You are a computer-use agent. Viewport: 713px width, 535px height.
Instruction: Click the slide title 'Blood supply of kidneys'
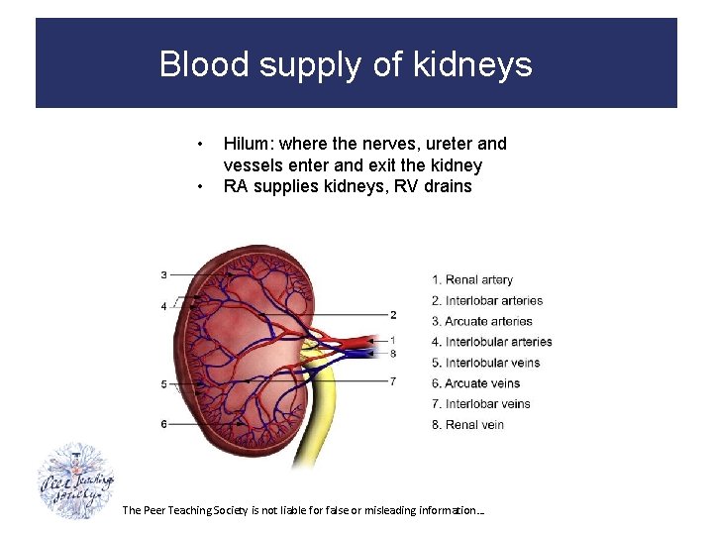tap(346, 64)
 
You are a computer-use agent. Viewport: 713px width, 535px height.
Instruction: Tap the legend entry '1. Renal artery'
tap(472, 280)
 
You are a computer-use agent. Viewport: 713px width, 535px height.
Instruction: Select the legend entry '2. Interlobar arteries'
tap(487, 301)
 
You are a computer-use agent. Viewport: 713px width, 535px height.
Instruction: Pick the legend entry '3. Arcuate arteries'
tap(482, 321)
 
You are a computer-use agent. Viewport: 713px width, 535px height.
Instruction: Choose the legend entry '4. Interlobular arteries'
tap(492, 342)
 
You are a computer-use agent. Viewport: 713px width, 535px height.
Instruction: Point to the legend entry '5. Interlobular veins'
tap(485, 363)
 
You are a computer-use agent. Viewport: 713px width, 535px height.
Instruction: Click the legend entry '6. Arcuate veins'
tap(475, 383)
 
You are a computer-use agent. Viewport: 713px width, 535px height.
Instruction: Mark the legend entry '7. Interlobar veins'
tap(481, 404)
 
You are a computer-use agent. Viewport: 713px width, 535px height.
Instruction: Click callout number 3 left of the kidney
tap(163, 274)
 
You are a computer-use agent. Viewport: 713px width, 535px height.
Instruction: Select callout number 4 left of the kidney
tap(163, 307)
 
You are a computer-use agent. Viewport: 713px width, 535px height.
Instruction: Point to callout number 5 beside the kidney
tap(163, 383)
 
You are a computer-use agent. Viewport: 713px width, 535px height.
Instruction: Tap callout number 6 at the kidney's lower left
tap(163, 424)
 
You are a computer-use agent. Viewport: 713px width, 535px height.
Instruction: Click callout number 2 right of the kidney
tap(393, 315)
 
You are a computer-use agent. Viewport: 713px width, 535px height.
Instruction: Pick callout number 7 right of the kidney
tap(393, 381)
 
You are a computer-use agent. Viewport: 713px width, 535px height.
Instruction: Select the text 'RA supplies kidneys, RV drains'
tap(348, 186)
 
